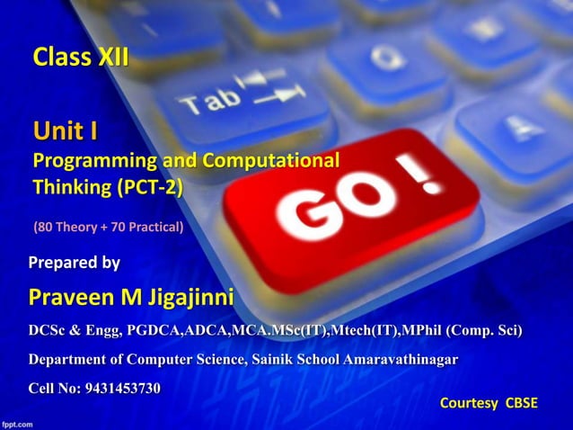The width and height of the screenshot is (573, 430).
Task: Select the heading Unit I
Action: click(x=66, y=134)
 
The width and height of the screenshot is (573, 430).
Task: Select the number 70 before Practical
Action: click(x=119, y=227)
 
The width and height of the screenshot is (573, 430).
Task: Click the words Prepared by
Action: click(x=75, y=264)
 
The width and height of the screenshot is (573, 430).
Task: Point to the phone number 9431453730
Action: click(x=123, y=389)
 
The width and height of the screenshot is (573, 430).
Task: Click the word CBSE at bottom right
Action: click(x=521, y=402)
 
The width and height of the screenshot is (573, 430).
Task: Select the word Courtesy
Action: click(x=469, y=402)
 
